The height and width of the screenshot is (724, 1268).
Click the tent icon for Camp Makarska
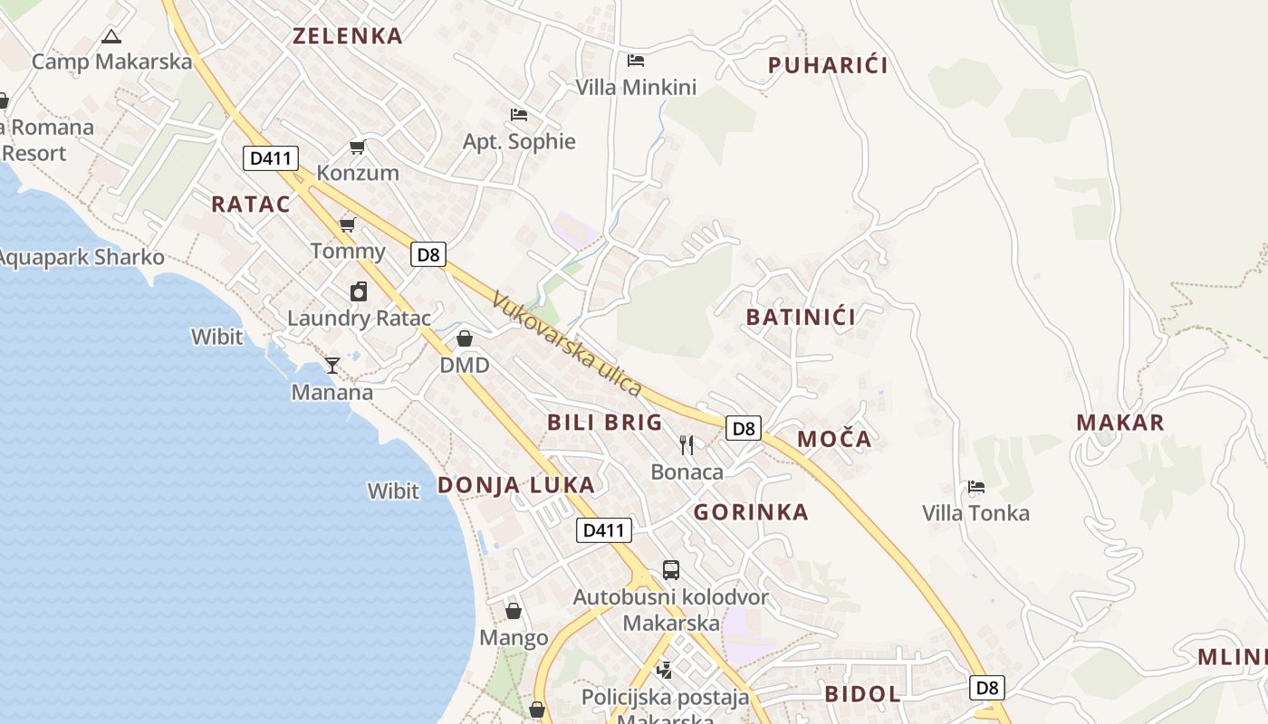coord(110,37)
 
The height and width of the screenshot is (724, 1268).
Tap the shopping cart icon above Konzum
coord(358,147)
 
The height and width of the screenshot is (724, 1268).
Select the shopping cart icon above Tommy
coord(347,224)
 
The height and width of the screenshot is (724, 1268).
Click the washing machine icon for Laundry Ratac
coord(359,291)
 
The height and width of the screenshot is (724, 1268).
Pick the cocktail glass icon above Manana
coord(332,366)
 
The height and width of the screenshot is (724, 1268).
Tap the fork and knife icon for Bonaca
coord(687,444)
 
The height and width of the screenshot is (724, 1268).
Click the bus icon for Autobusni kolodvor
coord(670,570)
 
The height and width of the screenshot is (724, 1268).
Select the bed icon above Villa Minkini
coord(636,61)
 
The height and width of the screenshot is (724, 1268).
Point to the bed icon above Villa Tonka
coord(975,487)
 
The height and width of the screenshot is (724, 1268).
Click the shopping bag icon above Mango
coord(514,611)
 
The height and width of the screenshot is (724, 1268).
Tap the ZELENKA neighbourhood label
coord(347,36)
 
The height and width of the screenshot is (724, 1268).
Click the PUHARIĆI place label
coord(828,65)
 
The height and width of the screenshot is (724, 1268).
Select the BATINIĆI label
coord(801,317)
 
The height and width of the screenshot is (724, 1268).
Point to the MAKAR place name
coord(1120,423)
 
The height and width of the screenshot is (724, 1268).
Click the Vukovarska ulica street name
coord(567,344)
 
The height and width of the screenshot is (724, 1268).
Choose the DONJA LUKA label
coord(516,485)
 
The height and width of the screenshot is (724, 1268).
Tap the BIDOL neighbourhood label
coord(862,694)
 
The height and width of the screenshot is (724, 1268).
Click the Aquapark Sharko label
coord(82,258)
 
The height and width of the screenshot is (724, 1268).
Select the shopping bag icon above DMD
coord(465,338)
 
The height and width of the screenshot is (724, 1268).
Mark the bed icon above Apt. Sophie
coord(519,115)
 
